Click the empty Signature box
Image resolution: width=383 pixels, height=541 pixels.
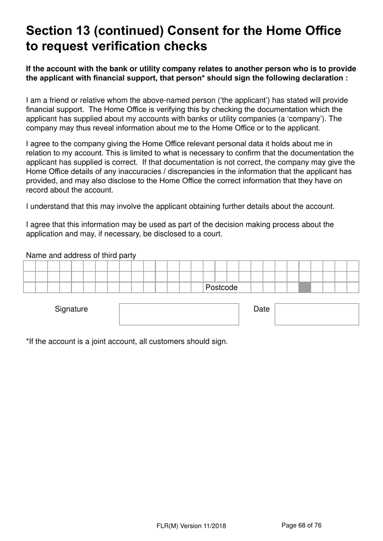coord(179,314)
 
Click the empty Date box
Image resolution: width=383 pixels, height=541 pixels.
coord(316,314)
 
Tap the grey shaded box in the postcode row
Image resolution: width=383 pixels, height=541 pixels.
coord(305,287)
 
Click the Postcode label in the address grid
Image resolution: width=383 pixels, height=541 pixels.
coord(221,287)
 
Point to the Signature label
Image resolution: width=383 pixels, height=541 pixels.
coord(71,309)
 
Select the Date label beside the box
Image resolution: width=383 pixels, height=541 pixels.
coord(261,309)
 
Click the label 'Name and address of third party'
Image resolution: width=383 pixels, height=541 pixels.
coord(81,255)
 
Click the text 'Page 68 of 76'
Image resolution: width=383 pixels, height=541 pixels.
coord(301,525)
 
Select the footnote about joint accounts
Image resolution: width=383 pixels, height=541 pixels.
coord(127,341)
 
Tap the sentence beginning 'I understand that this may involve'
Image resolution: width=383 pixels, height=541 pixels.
coord(180,206)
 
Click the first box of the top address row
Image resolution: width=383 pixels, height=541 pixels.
coord(29,266)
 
